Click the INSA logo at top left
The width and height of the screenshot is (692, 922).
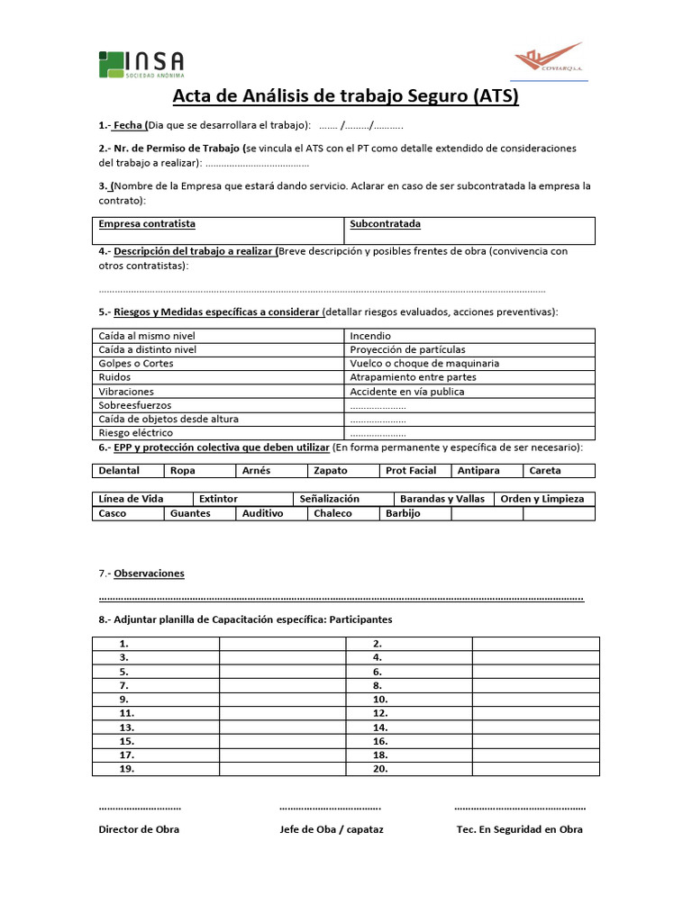141,64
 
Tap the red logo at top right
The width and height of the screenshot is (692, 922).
549,59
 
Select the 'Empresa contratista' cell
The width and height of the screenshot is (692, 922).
147,224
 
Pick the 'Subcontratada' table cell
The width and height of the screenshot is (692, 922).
385,224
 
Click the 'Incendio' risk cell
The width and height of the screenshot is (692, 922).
370,336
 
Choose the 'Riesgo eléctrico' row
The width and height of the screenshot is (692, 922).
137,433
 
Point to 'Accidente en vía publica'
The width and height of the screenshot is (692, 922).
407,392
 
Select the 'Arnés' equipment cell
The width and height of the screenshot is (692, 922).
256,471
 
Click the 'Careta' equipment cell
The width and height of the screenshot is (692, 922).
545,471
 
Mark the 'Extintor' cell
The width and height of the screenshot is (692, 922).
218,499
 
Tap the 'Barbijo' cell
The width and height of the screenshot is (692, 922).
403,513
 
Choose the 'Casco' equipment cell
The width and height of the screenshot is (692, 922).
113,513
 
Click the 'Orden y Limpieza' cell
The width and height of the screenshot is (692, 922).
542,499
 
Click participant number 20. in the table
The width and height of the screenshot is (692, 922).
379,769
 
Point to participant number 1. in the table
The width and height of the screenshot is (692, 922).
123,644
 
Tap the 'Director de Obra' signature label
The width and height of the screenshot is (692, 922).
139,829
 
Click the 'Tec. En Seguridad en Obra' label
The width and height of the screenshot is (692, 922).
520,829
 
